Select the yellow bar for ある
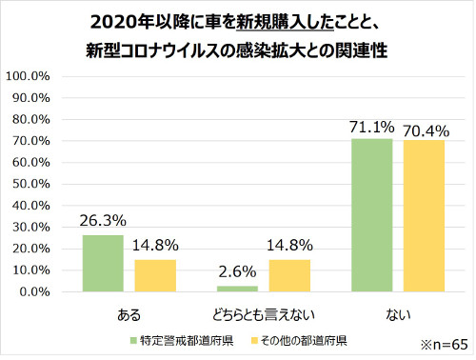coord(153,275)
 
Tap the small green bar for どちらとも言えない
coord(236,289)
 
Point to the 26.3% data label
coord(103,222)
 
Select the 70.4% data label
coord(425,128)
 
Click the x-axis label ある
coord(128,312)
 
